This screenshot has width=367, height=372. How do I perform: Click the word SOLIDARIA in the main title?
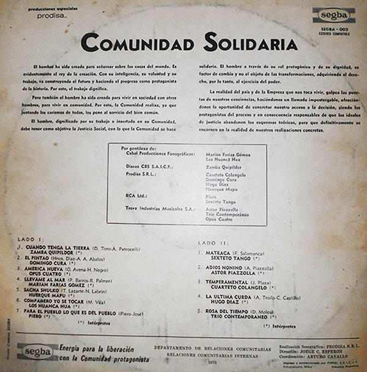pos(245,43)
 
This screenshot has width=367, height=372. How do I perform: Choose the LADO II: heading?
pos(212,243)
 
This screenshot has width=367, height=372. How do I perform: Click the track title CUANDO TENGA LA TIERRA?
pos(57,248)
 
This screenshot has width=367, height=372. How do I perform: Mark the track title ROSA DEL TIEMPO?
pos(229,311)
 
